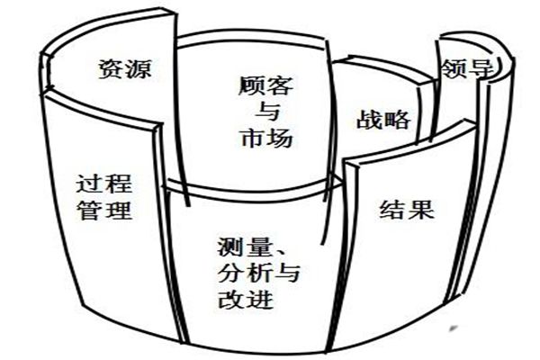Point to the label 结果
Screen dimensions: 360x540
(406, 211)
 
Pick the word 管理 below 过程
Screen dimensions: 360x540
(101, 213)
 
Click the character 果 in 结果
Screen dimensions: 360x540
(419, 211)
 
